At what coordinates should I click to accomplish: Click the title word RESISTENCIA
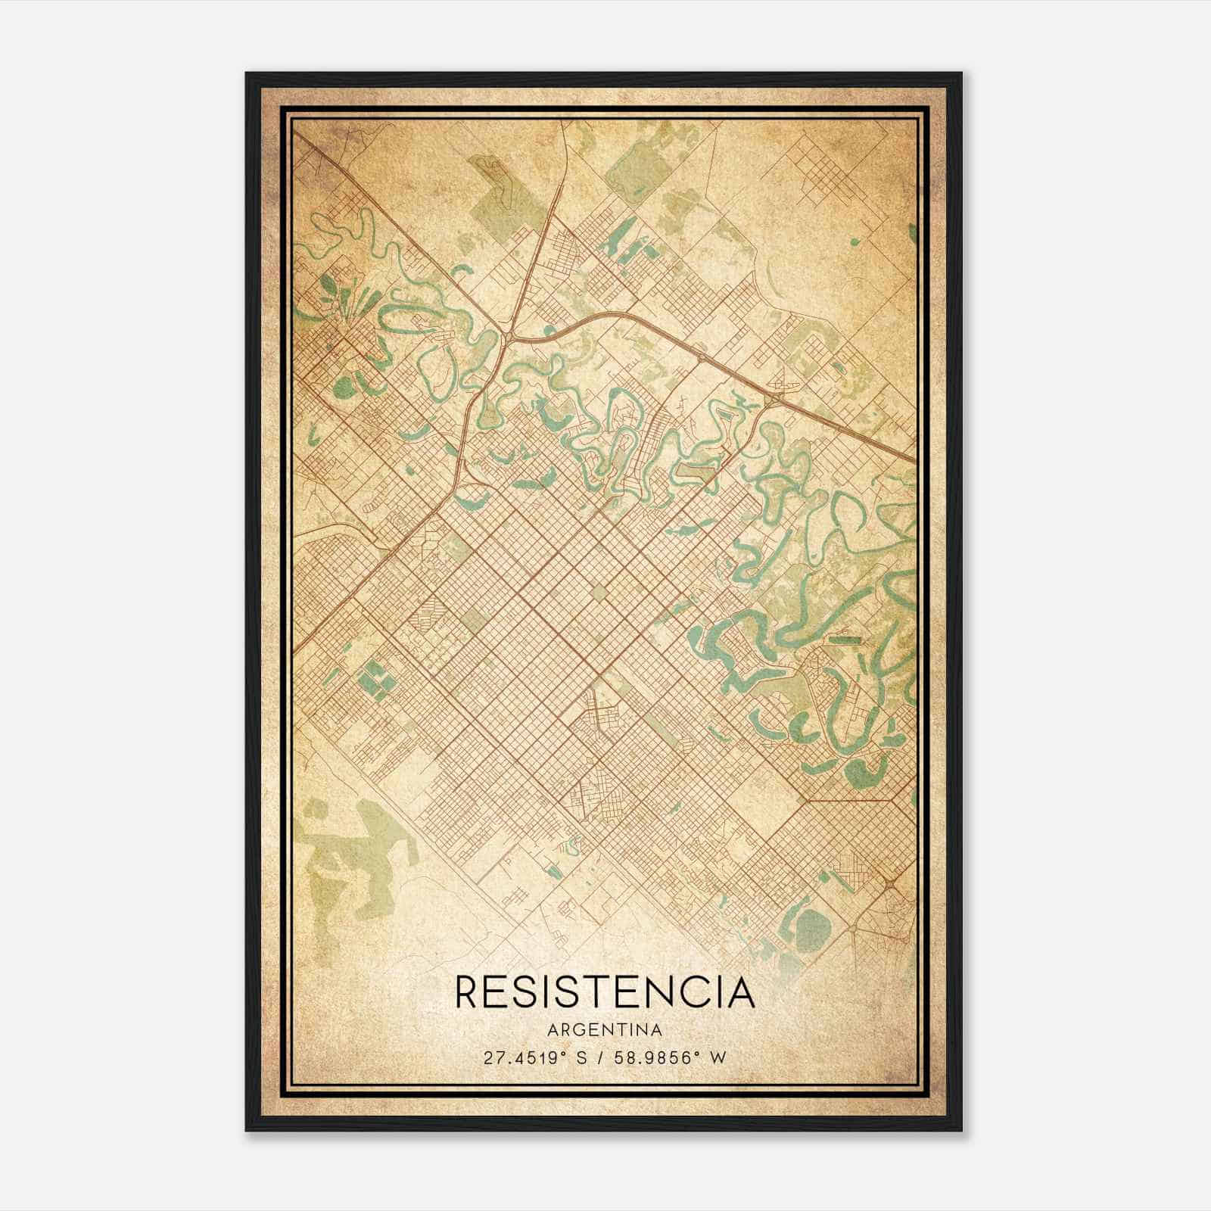605,992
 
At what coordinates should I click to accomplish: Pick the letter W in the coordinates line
719,1057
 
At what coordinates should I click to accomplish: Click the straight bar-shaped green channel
845,640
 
